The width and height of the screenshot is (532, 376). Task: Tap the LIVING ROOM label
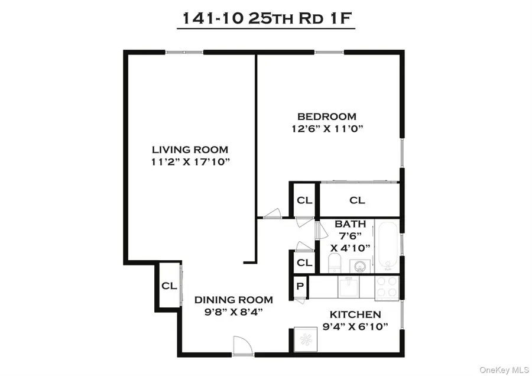pyautogui.click(x=189, y=150)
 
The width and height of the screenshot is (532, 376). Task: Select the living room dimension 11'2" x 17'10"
pyautogui.click(x=189, y=162)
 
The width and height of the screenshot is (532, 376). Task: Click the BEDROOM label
pyautogui.click(x=326, y=116)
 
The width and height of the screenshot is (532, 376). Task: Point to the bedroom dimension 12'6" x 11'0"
pyautogui.click(x=326, y=128)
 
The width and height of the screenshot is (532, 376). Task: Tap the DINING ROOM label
pyautogui.click(x=233, y=300)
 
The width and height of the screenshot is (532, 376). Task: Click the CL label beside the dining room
pyautogui.click(x=169, y=286)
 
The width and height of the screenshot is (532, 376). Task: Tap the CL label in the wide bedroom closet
pyautogui.click(x=357, y=200)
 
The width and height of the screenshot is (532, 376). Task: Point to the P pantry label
pyautogui.click(x=300, y=286)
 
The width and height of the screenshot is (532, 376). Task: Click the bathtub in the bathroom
pyautogui.click(x=388, y=245)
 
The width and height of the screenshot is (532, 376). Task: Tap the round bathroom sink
pyautogui.click(x=361, y=266)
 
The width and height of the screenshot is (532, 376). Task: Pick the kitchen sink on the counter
pyautogui.click(x=348, y=287)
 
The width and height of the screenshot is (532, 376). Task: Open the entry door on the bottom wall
pyautogui.click(x=242, y=346)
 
